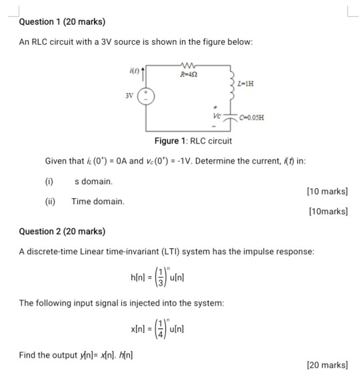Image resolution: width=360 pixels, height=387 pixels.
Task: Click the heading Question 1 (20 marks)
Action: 62,22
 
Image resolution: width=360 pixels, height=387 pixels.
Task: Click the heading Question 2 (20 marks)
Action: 62,232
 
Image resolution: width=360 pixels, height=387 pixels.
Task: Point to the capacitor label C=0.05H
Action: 251,117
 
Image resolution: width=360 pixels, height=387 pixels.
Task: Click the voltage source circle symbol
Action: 146,95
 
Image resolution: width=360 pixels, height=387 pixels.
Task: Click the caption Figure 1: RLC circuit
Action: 193,141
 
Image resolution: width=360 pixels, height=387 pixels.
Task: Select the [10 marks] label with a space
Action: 327,191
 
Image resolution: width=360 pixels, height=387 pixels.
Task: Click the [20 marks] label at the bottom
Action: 327,364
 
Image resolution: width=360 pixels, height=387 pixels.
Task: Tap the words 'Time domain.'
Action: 98,201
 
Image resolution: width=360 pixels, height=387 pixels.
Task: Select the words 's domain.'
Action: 93,181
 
